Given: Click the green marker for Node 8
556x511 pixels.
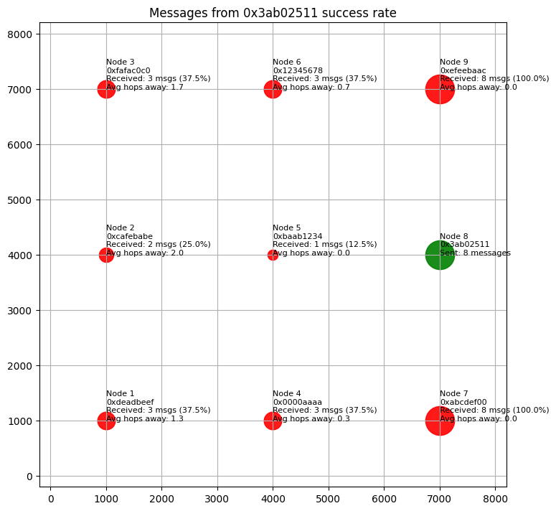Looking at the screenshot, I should point(440,255).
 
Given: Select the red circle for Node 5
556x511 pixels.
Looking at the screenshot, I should point(273,255).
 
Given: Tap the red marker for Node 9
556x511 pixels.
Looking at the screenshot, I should point(440,89).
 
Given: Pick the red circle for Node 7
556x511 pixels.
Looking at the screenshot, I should point(440,421).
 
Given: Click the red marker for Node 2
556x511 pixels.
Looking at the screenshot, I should point(106,255).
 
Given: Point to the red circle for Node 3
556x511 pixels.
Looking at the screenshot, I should point(106,89).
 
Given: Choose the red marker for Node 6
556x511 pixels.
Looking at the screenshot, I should point(273,89).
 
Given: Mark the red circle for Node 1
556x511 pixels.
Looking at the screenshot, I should point(106,421).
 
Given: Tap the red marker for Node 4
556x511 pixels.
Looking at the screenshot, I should point(273,421).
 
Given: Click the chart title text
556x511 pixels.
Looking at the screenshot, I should point(273,13).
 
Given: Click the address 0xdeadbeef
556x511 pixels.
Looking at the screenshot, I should point(130,402).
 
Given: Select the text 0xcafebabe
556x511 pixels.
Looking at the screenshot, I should point(129,236).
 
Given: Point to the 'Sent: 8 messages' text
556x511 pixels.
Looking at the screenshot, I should point(475,253).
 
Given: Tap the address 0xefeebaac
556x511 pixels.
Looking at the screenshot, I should point(463,70).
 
